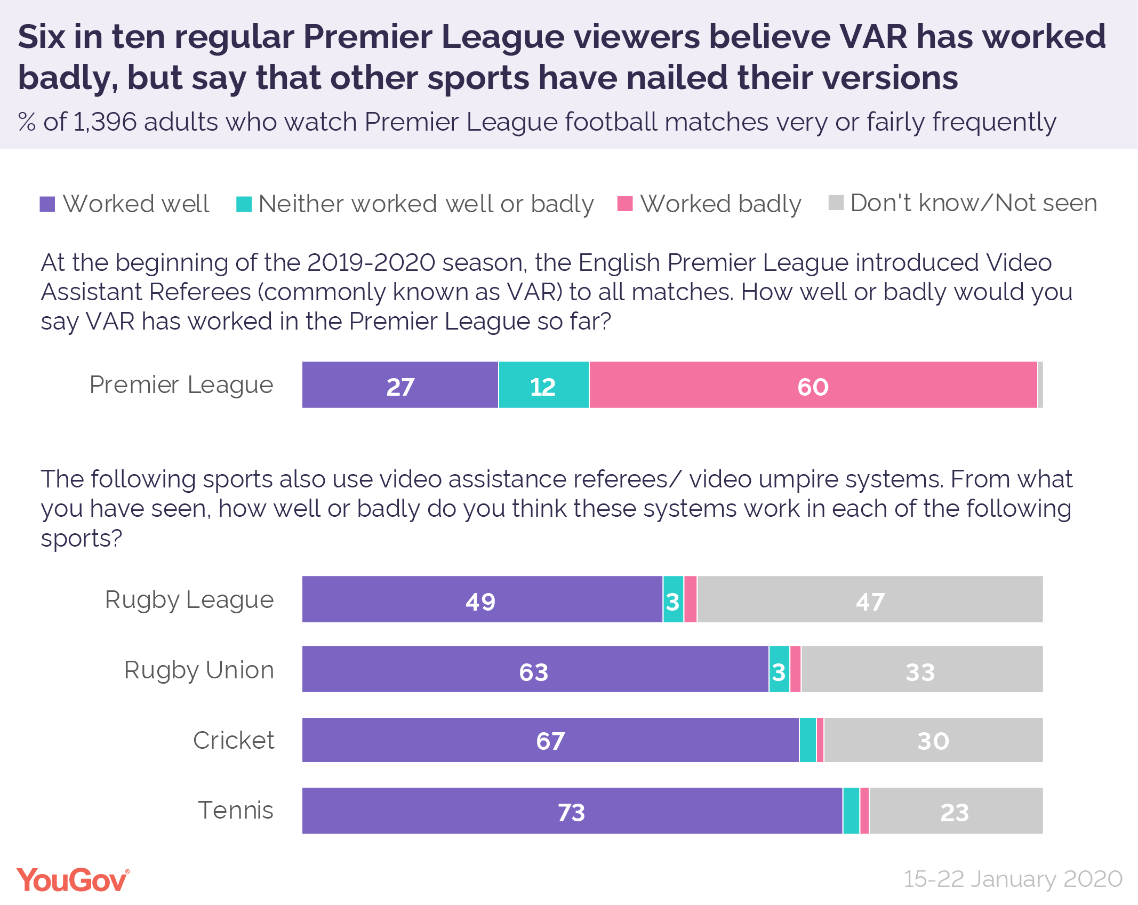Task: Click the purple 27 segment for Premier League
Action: pos(400,385)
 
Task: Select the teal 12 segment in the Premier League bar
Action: pos(543,385)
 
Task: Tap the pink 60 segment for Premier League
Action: pos(813,385)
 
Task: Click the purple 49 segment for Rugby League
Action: pos(482,599)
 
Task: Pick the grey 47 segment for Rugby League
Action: pos(870,599)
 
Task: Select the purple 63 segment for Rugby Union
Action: pos(535,669)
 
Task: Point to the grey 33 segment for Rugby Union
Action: pos(921,669)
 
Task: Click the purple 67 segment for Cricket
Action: pos(550,740)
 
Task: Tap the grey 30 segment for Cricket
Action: pos(933,740)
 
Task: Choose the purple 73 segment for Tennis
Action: pos(572,811)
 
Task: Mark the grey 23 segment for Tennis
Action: pos(955,811)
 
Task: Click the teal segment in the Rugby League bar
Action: pos(673,599)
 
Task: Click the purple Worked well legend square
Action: pos(47,204)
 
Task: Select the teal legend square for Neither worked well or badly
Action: pos(244,204)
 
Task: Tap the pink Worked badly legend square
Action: pos(624,204)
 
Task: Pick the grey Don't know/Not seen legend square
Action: pos(836,203)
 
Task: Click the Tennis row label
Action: pos(236,810)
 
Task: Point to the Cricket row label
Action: pos(234,740)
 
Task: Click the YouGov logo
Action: pos(73,879)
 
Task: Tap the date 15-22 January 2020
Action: pos(1012,879)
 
